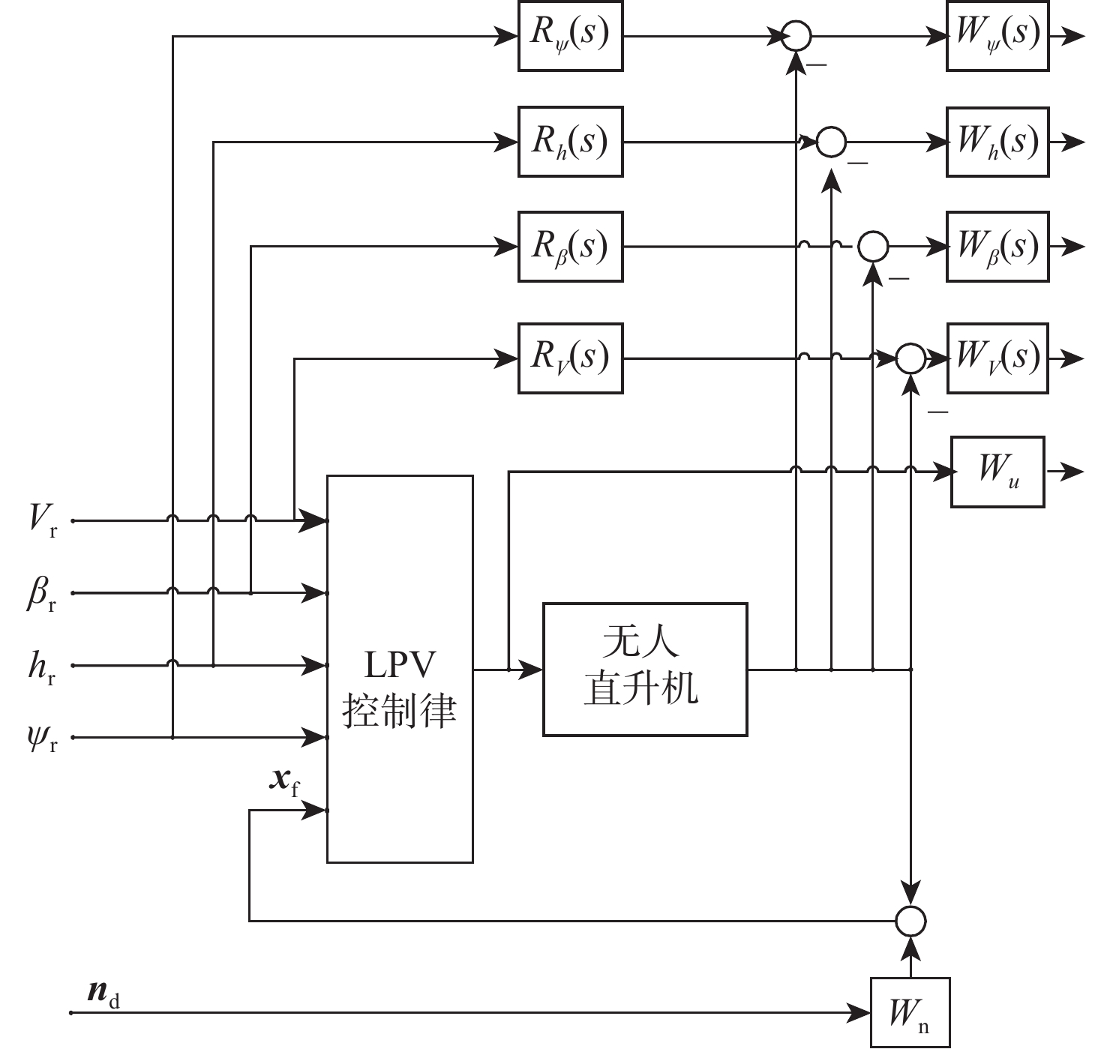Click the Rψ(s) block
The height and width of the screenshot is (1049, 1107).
coord(570,36)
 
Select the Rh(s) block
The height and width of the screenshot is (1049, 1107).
coord(570,142)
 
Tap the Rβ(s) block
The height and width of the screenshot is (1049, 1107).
coord(570,247)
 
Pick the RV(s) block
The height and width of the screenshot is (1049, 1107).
coord(570,358)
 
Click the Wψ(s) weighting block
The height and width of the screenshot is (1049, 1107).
coord(997,36)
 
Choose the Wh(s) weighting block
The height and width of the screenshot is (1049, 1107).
coord(997,142)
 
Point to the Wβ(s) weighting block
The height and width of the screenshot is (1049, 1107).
coord(997,247)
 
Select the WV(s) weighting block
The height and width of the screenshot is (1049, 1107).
coord(997,358)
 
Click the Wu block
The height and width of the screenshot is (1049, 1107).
coord(997,472)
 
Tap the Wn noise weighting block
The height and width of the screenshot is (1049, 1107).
coord(910,1012)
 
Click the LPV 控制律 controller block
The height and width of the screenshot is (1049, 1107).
coord(400,669)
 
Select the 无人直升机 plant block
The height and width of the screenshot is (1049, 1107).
coord(644,669)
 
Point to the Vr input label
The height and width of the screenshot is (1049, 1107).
coord(42,519)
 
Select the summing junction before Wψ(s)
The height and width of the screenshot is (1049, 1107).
coord(796,36)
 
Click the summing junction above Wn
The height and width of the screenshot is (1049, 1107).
coord(910,920)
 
